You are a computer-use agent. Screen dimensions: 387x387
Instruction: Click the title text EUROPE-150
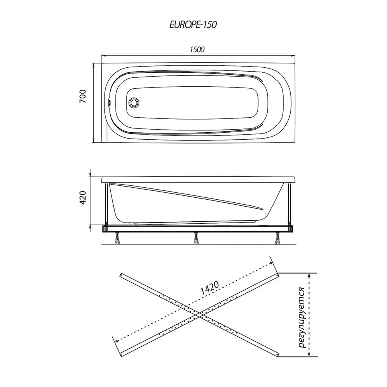tap(193, 25)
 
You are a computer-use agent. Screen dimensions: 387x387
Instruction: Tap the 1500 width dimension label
tap(197, 50)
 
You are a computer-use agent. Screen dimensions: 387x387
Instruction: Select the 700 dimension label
tap(83, 96)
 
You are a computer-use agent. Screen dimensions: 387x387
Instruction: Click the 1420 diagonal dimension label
tap(209, 288)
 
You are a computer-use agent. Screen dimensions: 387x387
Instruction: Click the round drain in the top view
tap(134, 103)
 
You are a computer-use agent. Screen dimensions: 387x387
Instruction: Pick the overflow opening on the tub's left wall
tap(110, 102)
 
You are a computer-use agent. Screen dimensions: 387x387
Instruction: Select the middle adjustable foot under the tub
tap(196, 238)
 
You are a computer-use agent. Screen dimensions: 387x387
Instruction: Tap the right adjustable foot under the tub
tap(278, 238)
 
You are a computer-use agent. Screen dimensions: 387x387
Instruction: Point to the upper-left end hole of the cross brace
tap(121, 275)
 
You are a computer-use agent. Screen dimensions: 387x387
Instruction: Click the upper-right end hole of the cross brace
tap(277, 274)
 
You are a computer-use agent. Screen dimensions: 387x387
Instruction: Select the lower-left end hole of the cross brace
tap(121, 355)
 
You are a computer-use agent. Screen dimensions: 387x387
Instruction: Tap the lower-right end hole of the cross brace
tap(277, 354)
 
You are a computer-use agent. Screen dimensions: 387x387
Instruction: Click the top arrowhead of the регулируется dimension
tap(309, 275)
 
